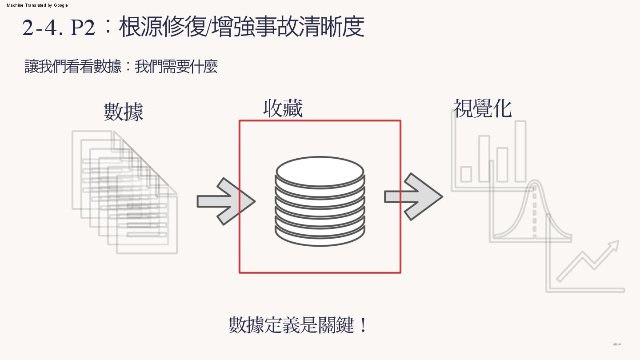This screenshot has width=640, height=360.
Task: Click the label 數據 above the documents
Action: [124, 112]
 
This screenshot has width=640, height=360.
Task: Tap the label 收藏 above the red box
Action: [283, 108]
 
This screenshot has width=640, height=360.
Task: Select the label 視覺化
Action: [483, 108]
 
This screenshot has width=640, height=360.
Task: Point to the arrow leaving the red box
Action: [414, 196]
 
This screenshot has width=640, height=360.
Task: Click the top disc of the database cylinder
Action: [320, 172]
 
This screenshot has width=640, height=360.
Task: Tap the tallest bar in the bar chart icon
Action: [520, 151]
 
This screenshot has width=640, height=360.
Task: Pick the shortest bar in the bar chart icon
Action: [466, 174]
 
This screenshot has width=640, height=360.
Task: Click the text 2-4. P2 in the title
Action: [59, 28]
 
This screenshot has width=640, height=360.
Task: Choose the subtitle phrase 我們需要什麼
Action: [176, 67]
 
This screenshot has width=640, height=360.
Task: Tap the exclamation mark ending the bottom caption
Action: [363, 325]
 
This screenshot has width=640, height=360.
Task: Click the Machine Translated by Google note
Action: [37, 5]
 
